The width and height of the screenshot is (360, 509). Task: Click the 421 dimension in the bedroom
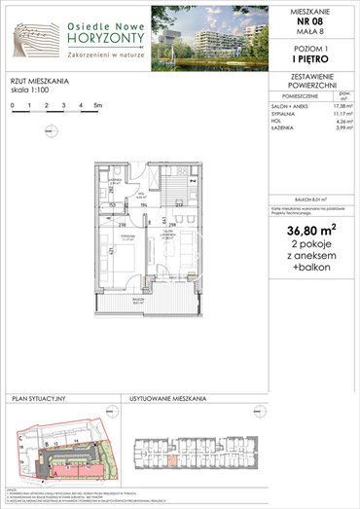click(103, 250)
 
